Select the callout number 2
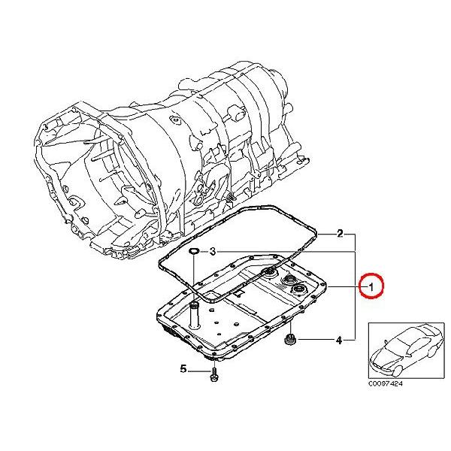(x=340, y=233)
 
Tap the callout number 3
(x=212, y=252)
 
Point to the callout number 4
(x=339, y=341)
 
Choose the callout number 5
(x=183, y=369)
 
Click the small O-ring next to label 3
(x=194, y=252)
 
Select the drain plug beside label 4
(x=288, y=340)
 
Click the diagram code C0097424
(x=386, y=383)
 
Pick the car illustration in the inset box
(x=407, y=350)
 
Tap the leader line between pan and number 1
(x=344, y=287)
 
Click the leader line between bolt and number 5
(x=198, y=371)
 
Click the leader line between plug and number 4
(x=315, y=341)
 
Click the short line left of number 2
(x=327, y=234)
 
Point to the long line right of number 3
(x=286, y=252)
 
